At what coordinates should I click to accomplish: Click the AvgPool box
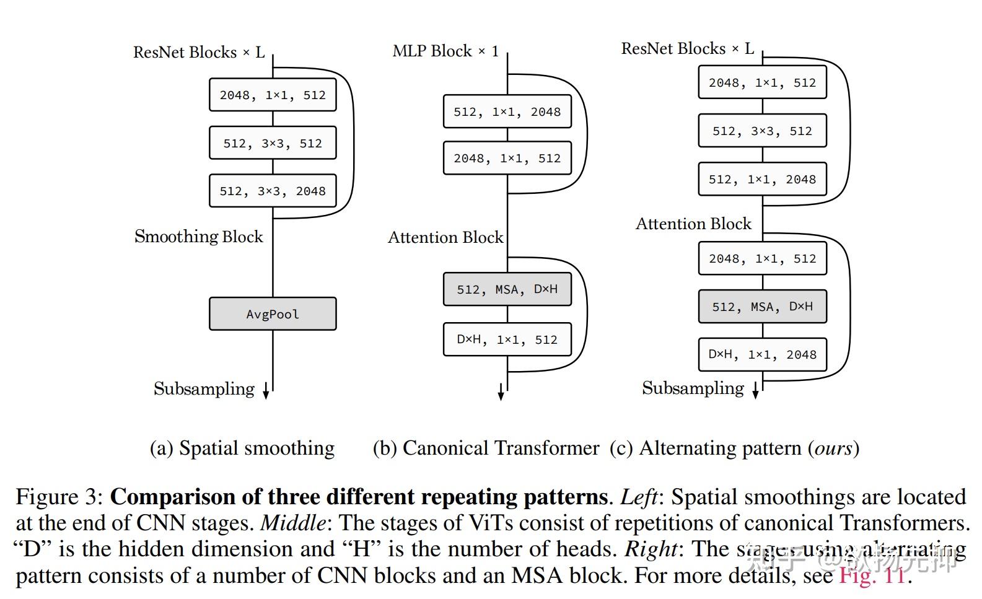click(273, 314)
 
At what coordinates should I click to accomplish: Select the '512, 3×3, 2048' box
click(273, 191)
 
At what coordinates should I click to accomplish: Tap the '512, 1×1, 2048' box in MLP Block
click(507, 111)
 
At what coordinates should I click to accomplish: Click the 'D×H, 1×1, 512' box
click(507, 339)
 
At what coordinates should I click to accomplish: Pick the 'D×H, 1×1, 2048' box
click(762, 354)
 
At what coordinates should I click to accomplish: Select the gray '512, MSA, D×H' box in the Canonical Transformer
click(507, 289)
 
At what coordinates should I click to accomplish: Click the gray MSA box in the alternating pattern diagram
click(762, 307)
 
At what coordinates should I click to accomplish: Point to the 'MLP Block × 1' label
click(445, 51)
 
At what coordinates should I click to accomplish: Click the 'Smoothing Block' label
click(199, 237)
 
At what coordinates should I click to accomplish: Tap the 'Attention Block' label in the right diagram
click(693, 224)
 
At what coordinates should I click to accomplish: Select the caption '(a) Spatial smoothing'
click(242, 448)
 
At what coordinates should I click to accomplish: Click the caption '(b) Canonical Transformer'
click(486, 448)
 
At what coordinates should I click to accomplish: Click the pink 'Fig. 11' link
click(872, 575)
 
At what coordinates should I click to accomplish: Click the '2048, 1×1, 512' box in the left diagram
click(273, 95)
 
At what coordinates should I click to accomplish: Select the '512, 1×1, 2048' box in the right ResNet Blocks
click(762, 179)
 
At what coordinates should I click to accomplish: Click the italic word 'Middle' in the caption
click(293, 523)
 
